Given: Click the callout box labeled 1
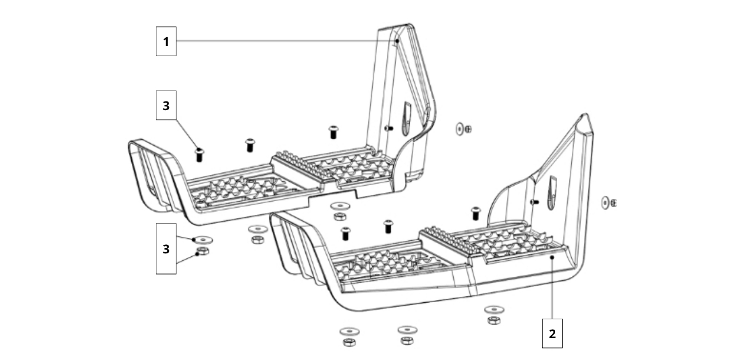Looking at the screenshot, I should [x=166, y=41].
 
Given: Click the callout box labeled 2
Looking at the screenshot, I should [x=552, y=333].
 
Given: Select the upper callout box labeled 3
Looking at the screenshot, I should [x=166, y=105].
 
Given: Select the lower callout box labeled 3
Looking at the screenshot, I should [x=166, y=249].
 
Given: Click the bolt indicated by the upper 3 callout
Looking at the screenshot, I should [x=199, y=154].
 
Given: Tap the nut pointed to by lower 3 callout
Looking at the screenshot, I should [x=202, y=251].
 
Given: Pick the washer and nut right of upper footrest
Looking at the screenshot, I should [x=464, y=129].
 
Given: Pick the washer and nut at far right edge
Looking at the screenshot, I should [x=608, y=202].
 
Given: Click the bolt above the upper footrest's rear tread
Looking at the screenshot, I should [x=332, y=132].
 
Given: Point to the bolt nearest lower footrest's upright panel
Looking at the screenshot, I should [x=474, y=213].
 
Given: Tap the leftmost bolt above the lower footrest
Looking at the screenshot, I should [x=345, y=233].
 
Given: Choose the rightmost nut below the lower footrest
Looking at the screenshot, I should [x=493, y=320].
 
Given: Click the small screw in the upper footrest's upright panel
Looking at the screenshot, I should [x=388, y=128].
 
